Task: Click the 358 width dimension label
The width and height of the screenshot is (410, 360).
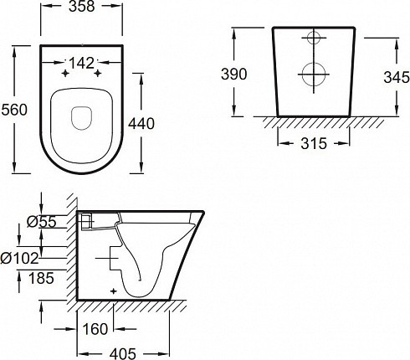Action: click(x=81, y=6)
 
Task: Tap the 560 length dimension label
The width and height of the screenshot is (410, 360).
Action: click(x=14, y=110)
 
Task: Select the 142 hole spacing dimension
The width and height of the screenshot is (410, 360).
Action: click(x=81, y=63)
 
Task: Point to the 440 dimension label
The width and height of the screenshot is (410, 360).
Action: click(x=141, y=124)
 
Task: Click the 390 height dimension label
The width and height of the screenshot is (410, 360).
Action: click(x=234, y=75)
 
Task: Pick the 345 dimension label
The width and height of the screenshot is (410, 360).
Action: click(x=397, y=77)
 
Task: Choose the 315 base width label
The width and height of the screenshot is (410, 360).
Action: click(x=314, y=143)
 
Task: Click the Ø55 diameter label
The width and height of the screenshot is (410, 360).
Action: click(x=42, y=222)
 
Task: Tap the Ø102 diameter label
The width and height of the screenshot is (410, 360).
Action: click(x=19, y=258)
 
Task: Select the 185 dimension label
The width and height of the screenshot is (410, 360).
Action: click(x=41, y=278)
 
